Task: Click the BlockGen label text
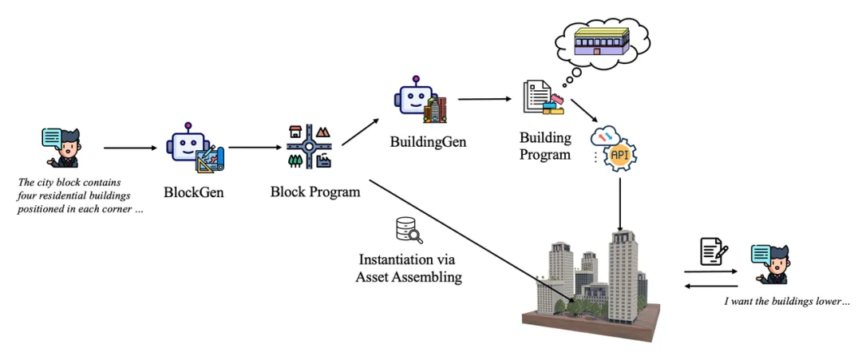[x=193, y=192]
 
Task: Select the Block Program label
[x=314, y=192]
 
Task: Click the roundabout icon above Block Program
[x=308, y=147]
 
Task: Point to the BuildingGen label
[x=428, y=141]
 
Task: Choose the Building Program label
[x=545, y=145]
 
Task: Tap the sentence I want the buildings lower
[x=786, y=302]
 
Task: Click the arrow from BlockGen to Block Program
[x=255, y=148]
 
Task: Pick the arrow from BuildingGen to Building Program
[x=484, y=99]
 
